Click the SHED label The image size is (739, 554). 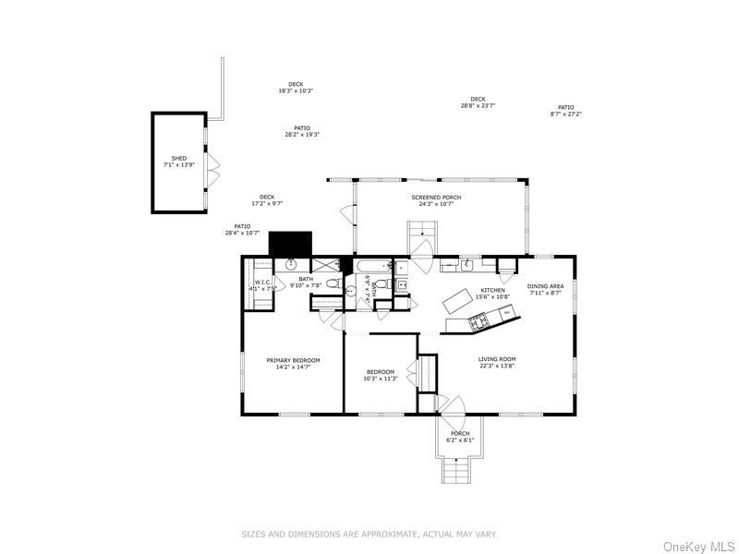point(179,159)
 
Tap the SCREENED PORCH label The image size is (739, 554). point(436,198)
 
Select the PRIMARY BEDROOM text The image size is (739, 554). point(293,360)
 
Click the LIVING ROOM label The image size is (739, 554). point(496,359)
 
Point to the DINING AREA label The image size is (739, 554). point(545,286)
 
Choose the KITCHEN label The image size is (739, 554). point(492,291)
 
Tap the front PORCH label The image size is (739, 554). point(460,434)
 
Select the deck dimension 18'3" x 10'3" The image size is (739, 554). point(296,90)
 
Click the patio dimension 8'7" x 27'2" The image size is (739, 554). point(565,114)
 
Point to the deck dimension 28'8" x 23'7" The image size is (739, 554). point(478,105)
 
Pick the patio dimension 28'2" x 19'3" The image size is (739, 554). point(302,135)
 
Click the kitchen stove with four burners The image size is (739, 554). point(479,322)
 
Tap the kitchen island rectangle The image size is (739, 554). point(458,300)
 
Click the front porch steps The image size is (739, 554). point(457,471)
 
